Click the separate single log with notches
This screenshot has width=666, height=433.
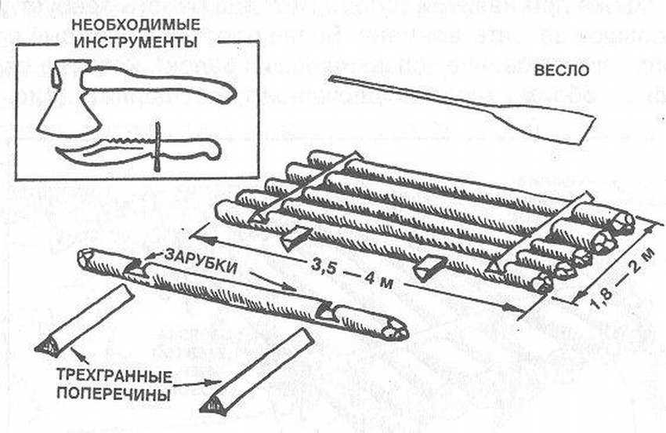(235, 289)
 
